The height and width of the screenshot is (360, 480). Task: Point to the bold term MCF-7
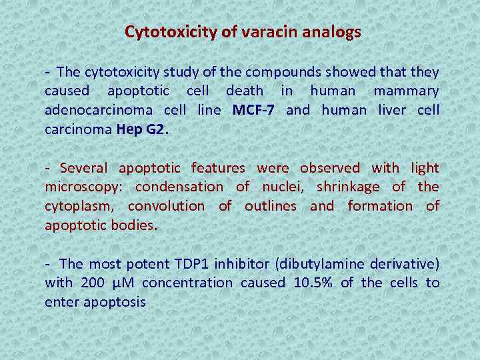tap(253, 110)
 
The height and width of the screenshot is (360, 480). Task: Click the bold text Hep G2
tap(142, 129)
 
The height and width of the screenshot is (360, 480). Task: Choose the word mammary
tap(406, 91)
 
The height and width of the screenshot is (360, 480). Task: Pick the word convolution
tap(166, 206)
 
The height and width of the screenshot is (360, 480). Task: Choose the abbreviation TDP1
tap(192, 264)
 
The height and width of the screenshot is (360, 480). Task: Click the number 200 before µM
tap(91, 283)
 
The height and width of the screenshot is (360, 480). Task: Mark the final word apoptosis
tap(114, 302)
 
